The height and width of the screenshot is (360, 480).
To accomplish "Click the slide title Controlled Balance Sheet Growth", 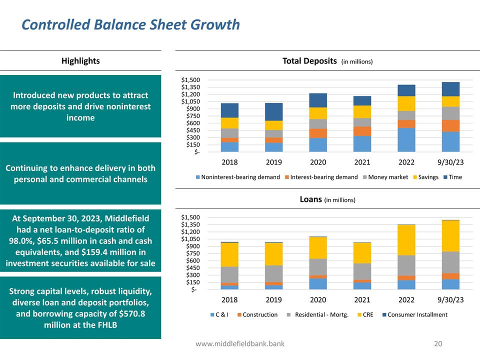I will [x=130, y=24].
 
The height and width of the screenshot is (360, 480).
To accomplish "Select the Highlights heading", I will [x=80, y=61].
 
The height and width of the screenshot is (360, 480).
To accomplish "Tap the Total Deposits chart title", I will [x=309, y=61].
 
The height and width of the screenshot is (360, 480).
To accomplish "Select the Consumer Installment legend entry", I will [x=414, y=314].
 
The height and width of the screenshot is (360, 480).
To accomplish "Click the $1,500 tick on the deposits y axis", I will [x=190, y=80].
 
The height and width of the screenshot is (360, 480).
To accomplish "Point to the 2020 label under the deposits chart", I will [x=318, y=162].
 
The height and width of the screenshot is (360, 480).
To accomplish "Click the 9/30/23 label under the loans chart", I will [x=450, y=300].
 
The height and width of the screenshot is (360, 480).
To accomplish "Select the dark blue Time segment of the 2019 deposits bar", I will [x=274, y=111].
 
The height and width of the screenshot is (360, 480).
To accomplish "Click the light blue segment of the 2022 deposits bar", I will [x=406, y=139].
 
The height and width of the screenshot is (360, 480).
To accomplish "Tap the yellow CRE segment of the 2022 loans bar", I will [x=406, y=240].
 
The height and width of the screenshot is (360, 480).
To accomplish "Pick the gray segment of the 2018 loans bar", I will [x=229, y=274].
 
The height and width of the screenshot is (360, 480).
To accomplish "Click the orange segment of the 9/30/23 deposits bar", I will [x=450, y=126].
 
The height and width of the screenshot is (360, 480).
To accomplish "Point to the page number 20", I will [x=438, y=343].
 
